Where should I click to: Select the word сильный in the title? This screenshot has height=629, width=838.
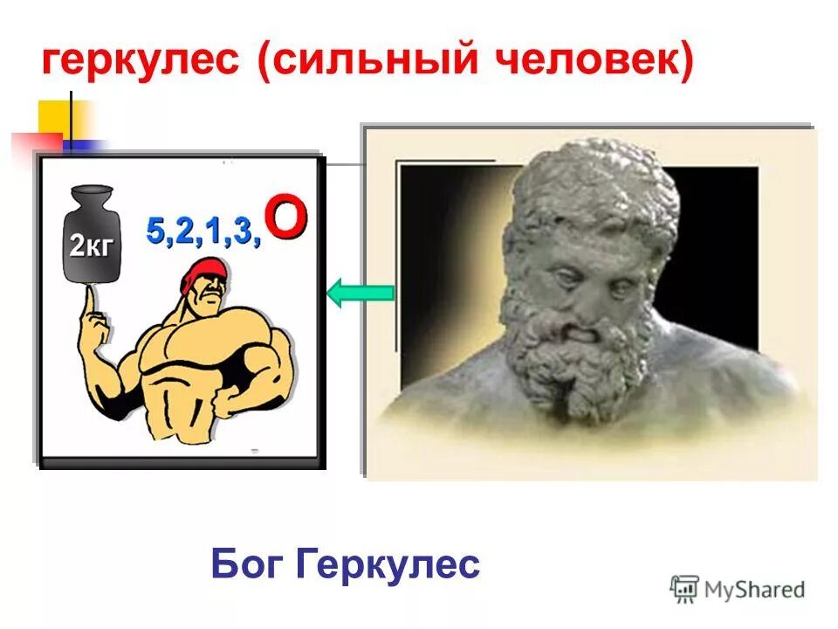pyautogui.click(x=361, y=63)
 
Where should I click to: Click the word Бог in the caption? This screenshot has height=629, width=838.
pyautogui.click(x=247, y=565)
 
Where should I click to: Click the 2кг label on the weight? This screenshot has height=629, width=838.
pyautogui.click(x=91, y=245)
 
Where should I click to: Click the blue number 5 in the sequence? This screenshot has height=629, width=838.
pyautogui.click(x=155, y=232)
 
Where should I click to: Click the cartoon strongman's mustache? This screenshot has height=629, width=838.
pyautogui.click(x=208, y=312)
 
